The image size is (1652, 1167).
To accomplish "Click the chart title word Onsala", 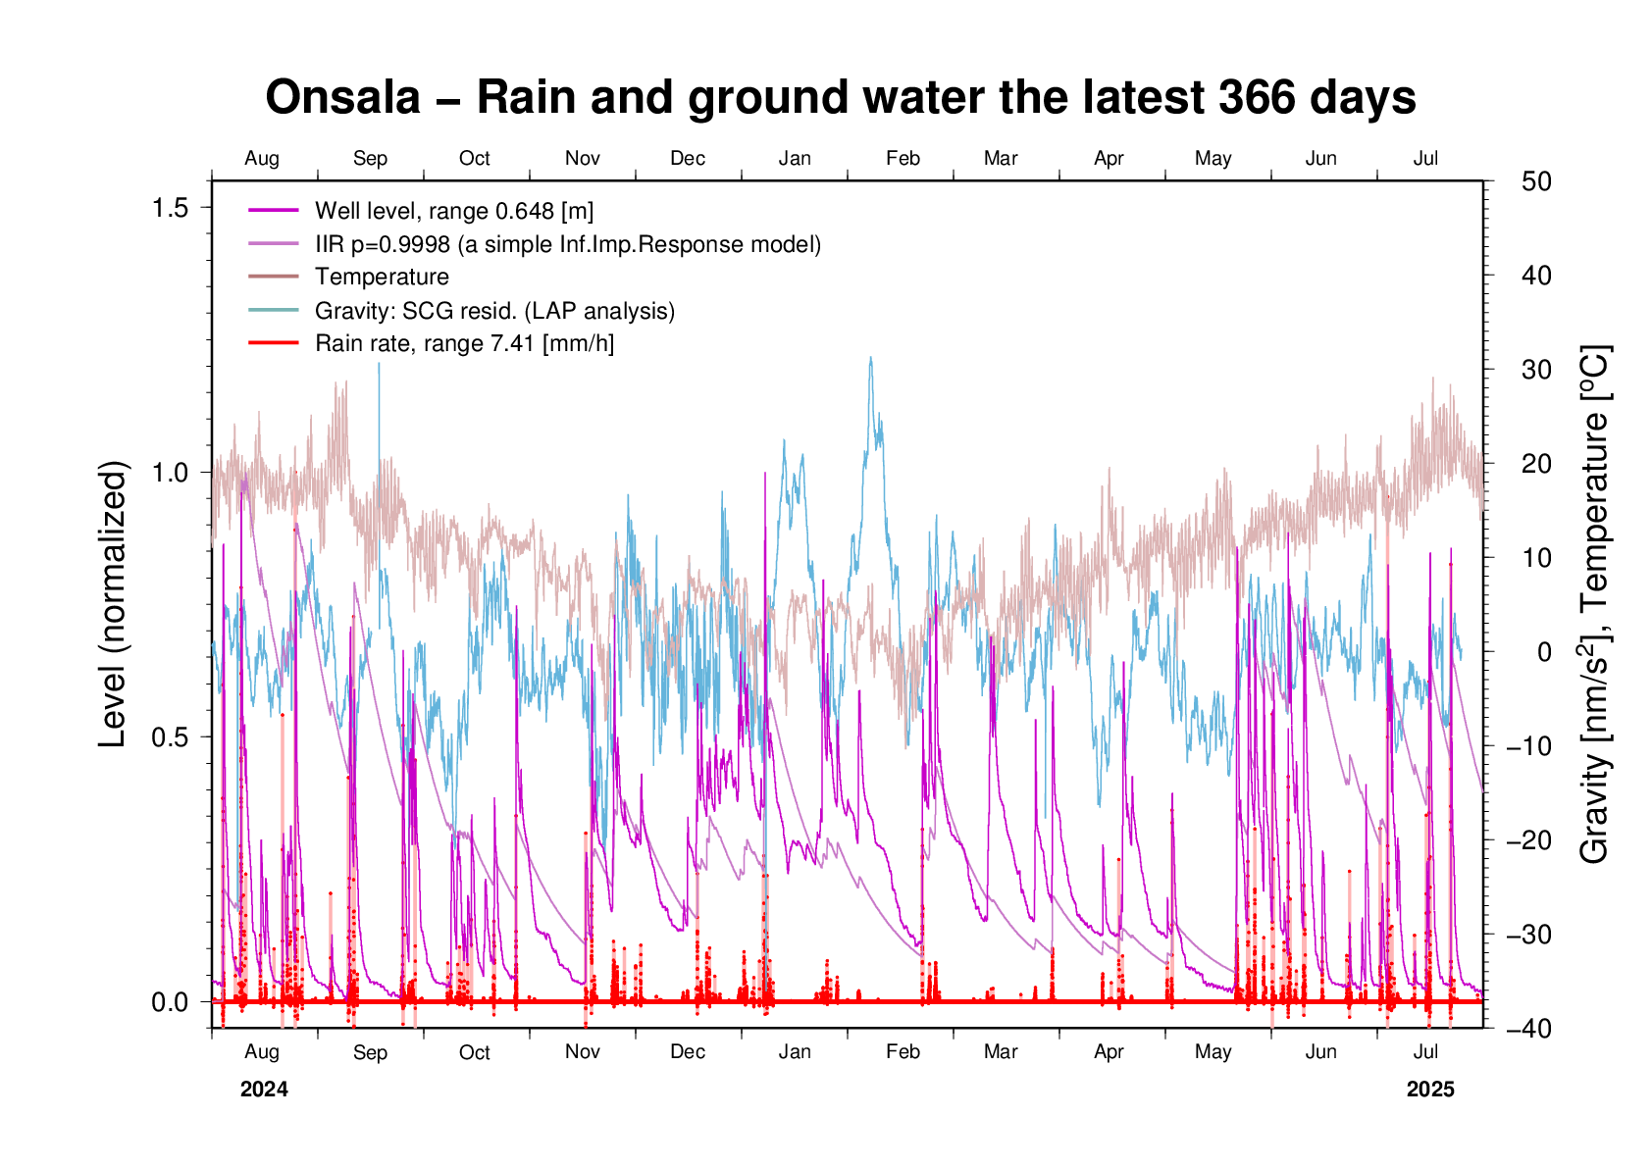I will click(x=342, y=98).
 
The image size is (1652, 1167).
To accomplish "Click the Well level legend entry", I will click(x=453, y=211).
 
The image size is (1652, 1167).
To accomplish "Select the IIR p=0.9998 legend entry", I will click(x=567, y=244).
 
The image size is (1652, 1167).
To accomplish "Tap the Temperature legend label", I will click(x=382, y=278).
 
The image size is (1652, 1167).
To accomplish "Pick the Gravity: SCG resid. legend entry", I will click(x=494, y=311).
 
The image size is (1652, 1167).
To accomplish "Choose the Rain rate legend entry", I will click(x=464, y=344).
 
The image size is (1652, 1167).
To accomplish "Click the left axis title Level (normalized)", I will click(x=114, y=604).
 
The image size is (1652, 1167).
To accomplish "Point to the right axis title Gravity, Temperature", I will click(x=1594, y=604).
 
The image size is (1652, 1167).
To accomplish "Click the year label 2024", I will click(x=264, y=1090).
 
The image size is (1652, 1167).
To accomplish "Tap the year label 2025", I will click(x=1430, y=1090).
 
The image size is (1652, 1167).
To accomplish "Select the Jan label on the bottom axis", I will click(x=795, y=1052).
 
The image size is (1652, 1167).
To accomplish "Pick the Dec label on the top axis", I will click(x=688, y=159).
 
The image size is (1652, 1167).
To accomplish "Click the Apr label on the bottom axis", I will click(x=1109, y=1052).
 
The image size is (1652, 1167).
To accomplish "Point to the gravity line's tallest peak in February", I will click(x=870, y=358).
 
